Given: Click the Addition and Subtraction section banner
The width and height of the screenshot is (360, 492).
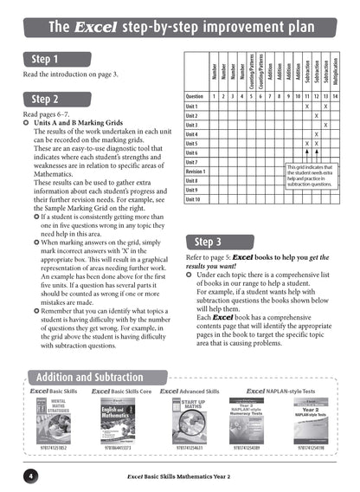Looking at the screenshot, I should point(98,377).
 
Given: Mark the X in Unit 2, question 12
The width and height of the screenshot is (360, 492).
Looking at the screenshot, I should point(316,115).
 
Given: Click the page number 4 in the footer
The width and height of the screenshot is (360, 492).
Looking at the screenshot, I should point(29,476).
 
